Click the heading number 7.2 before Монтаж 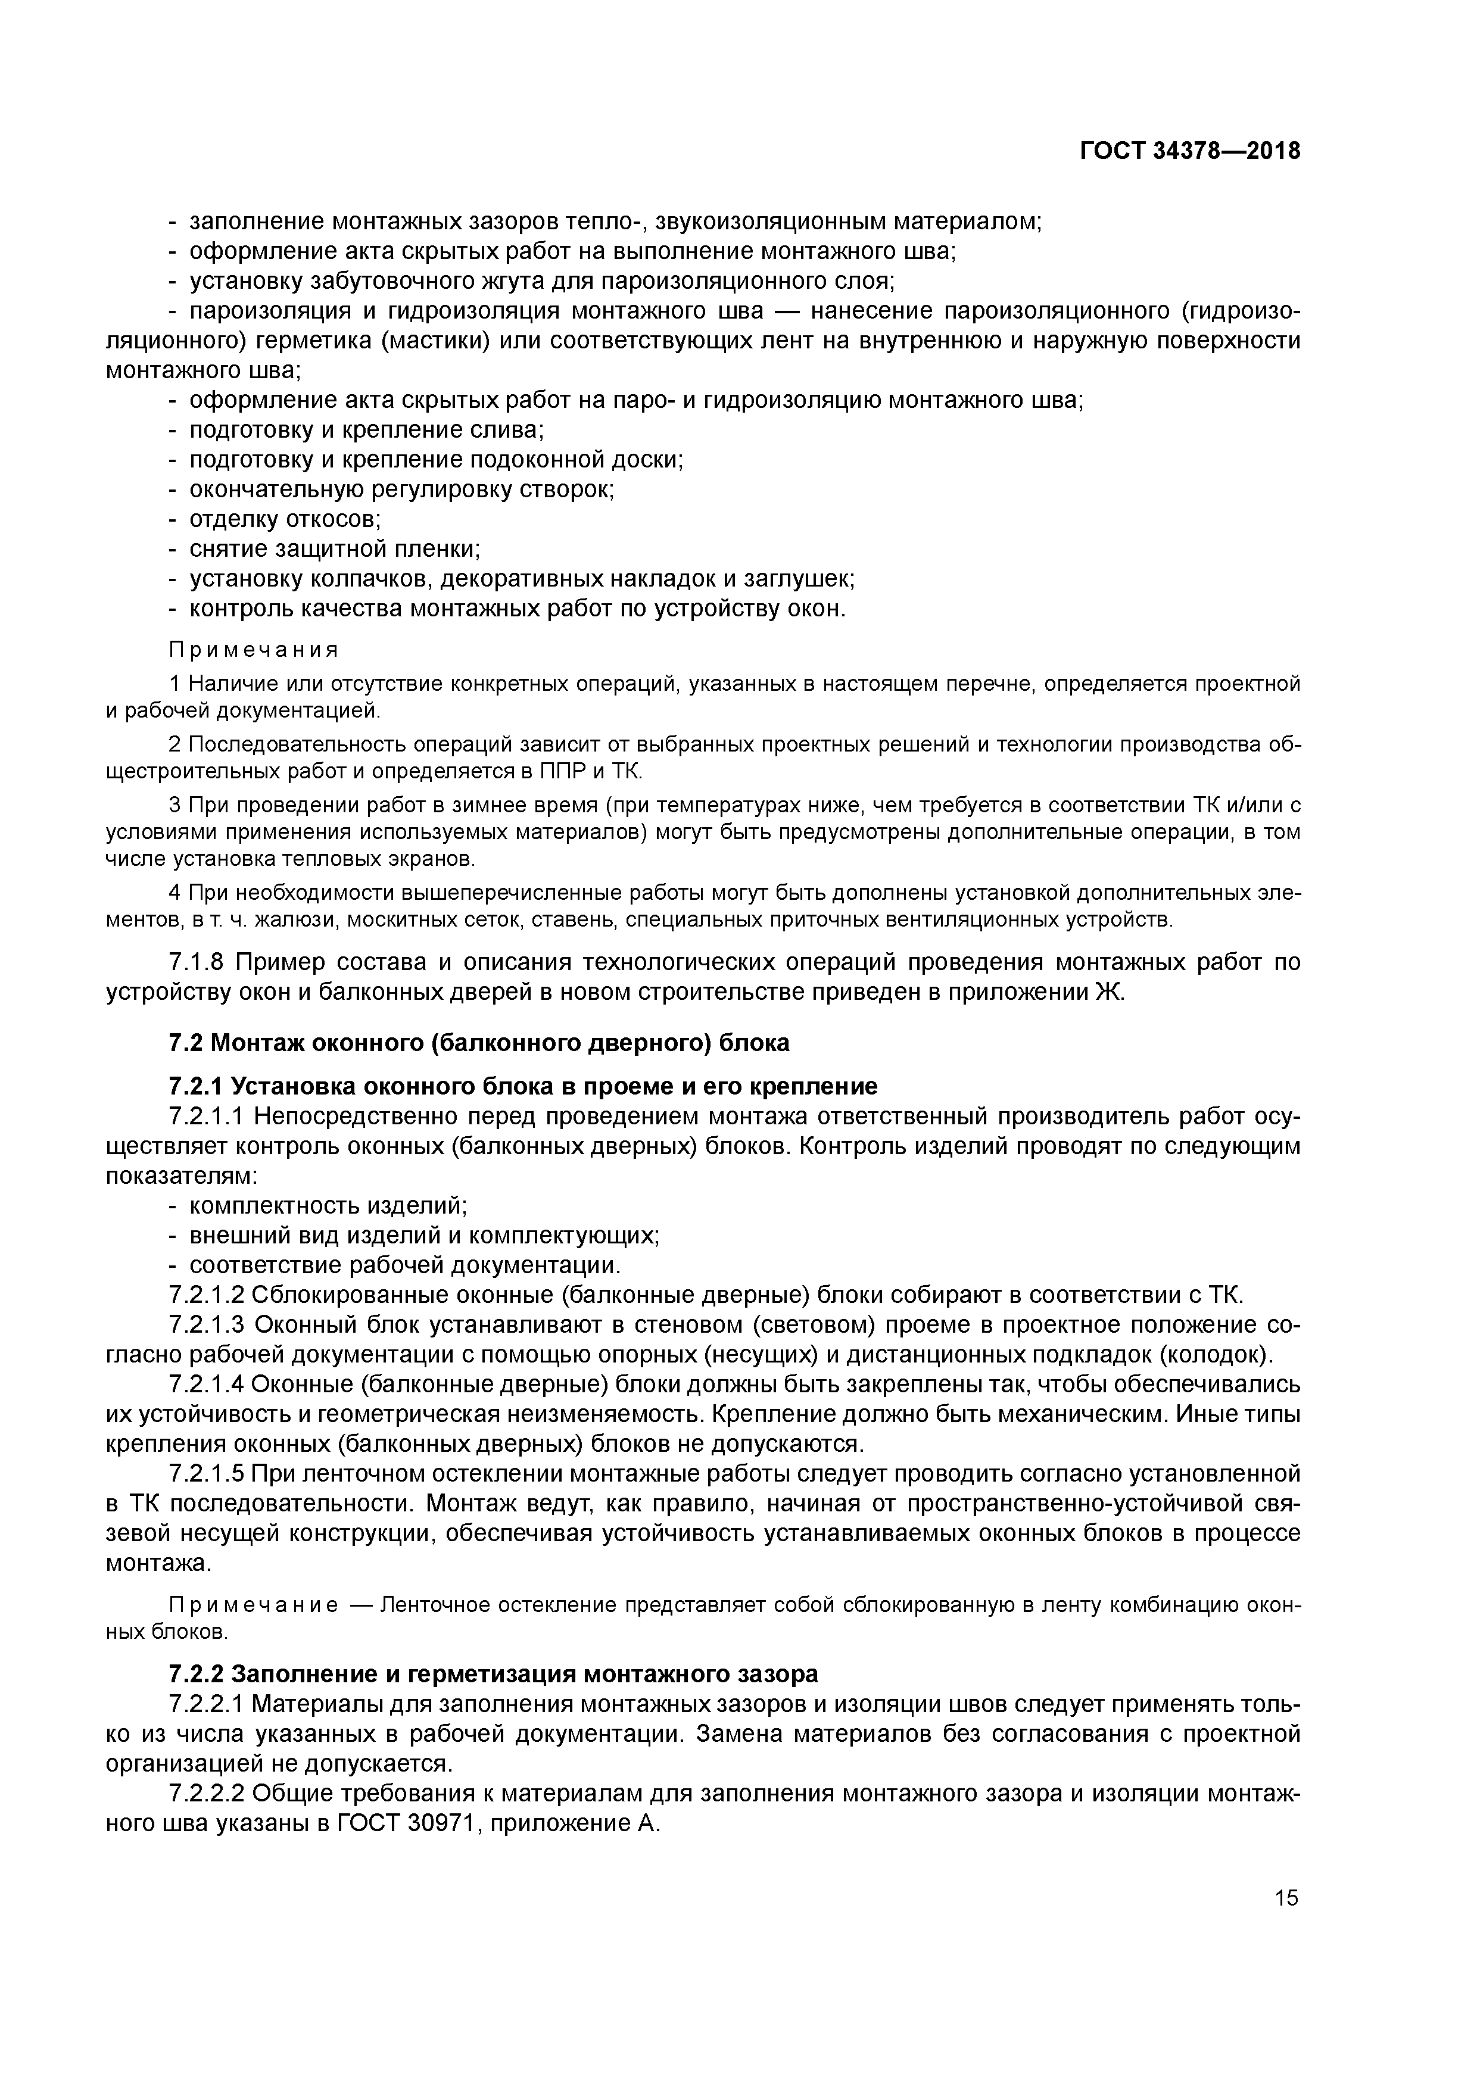tap(186, 1043)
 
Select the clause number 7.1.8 tap(202, 962)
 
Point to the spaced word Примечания tap(254, 650)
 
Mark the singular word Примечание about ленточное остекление tap(254, 1605)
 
